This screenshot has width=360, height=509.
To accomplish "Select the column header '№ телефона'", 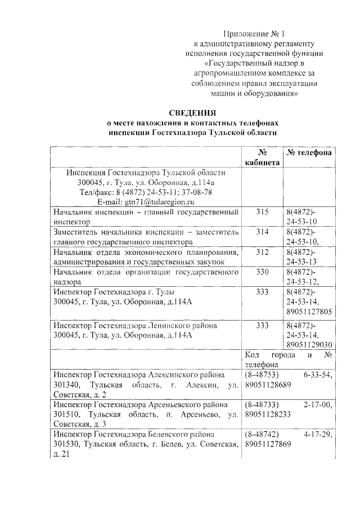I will [x=309, y=153].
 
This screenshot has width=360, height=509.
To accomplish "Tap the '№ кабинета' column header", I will [x=262, y=157].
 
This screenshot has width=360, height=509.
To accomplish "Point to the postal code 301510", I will [x=66, y=415].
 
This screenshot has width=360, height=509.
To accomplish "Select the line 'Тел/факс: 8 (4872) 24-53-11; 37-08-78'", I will [x=146, y=192].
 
